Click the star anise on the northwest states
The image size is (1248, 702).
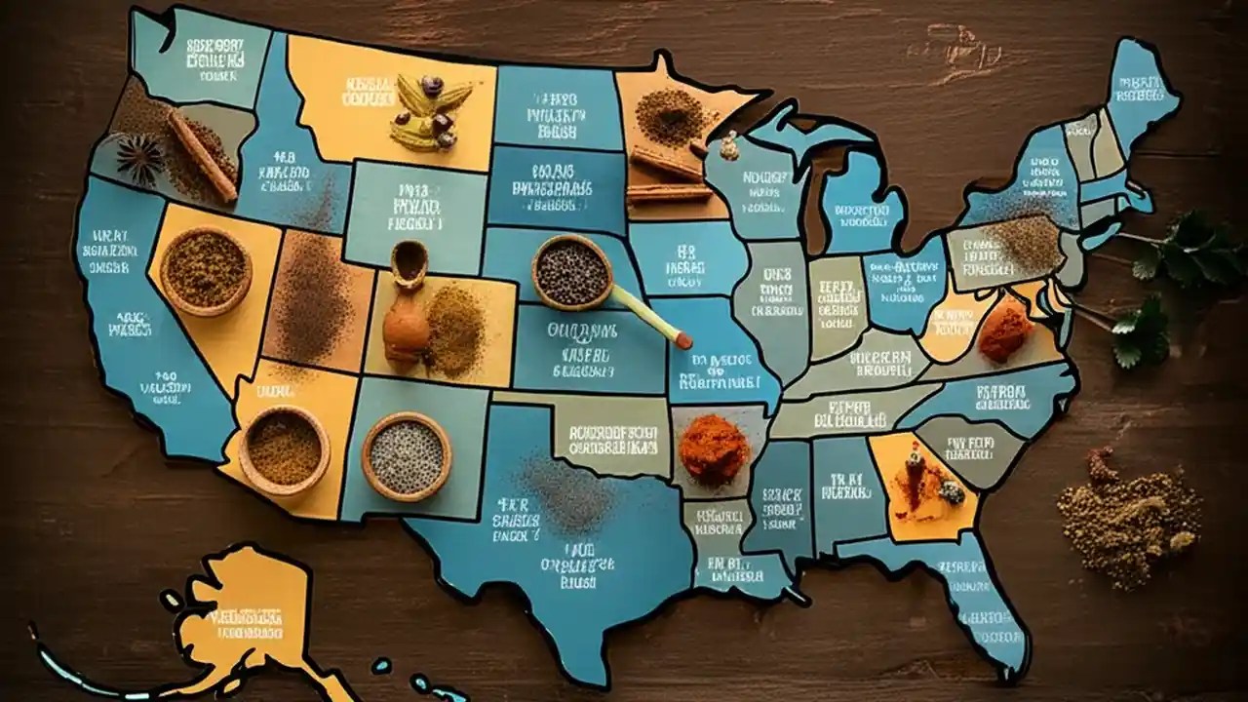(x=140, y=158)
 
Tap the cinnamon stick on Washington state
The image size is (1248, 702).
(x=202, y=155)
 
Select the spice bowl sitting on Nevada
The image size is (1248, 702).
(x=206, y=270)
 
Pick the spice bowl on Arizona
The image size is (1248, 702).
(x=284, y=449)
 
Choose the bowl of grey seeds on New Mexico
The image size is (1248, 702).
(x=406, y=455)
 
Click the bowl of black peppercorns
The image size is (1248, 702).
(x=572, y=272)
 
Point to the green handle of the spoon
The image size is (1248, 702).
(x=648, y=316)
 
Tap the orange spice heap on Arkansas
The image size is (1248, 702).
(x=713, y=448)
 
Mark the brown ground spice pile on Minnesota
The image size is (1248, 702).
(x=672, y=117)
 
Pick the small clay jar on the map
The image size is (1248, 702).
(x=408, y=305)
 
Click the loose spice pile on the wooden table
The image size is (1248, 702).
(x=1126, y=516)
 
